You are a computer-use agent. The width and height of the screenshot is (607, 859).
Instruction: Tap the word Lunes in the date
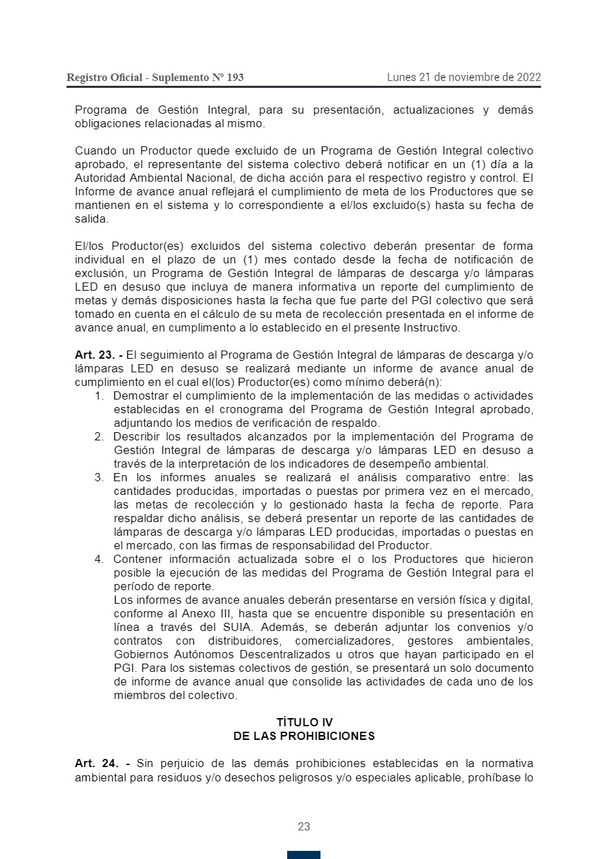click(x=401, y=77)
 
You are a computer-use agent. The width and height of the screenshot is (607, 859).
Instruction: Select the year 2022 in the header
click(x=528, y=77)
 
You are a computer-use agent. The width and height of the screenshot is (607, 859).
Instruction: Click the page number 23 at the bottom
click(x=303, y=826)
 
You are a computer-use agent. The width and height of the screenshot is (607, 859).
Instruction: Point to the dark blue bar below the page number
click(x=303, y=854)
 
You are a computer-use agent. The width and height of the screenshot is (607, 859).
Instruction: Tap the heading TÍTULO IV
click(x=304, y=722)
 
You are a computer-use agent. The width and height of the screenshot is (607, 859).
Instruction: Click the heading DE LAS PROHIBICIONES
click(x=304, y=736)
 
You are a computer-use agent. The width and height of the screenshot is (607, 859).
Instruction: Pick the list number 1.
click(x=99, y=395)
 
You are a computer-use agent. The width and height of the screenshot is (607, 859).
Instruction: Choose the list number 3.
click(x=99, y=477)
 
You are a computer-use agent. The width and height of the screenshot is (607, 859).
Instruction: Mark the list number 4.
click(x=99, y=559)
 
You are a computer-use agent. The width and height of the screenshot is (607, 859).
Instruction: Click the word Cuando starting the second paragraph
click(x=96, y=150)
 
